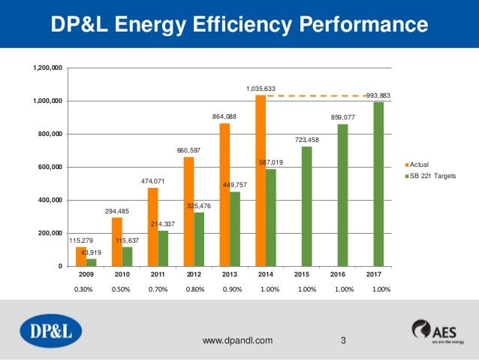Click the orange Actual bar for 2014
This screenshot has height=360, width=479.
(261, 180)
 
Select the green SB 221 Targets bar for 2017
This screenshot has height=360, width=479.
(378, 184)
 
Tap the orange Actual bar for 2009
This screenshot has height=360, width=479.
(81, 257)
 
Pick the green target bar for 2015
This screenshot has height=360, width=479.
(307, 207)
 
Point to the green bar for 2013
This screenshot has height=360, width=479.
(235, 229)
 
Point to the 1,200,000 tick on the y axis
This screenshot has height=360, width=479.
(47, 68)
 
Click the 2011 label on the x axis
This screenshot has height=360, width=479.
(158, 275)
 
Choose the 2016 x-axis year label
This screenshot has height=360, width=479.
(342, 275)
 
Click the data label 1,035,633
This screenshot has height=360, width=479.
(261, 89)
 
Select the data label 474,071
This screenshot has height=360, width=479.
(152, 182)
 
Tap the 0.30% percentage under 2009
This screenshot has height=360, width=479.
(85, 289)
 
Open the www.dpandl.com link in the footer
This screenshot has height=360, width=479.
(238, 340)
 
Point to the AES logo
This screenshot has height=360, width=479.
(435, 331)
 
